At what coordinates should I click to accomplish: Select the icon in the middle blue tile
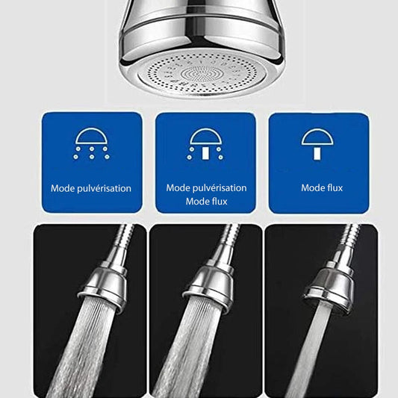tap(206, 143)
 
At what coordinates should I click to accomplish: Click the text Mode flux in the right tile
tap(322, 188)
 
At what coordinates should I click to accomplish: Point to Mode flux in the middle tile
tap(207, 202)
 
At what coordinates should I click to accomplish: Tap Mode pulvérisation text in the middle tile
tap(206, 188)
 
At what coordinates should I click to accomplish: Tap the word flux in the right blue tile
tap(333, 188)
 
